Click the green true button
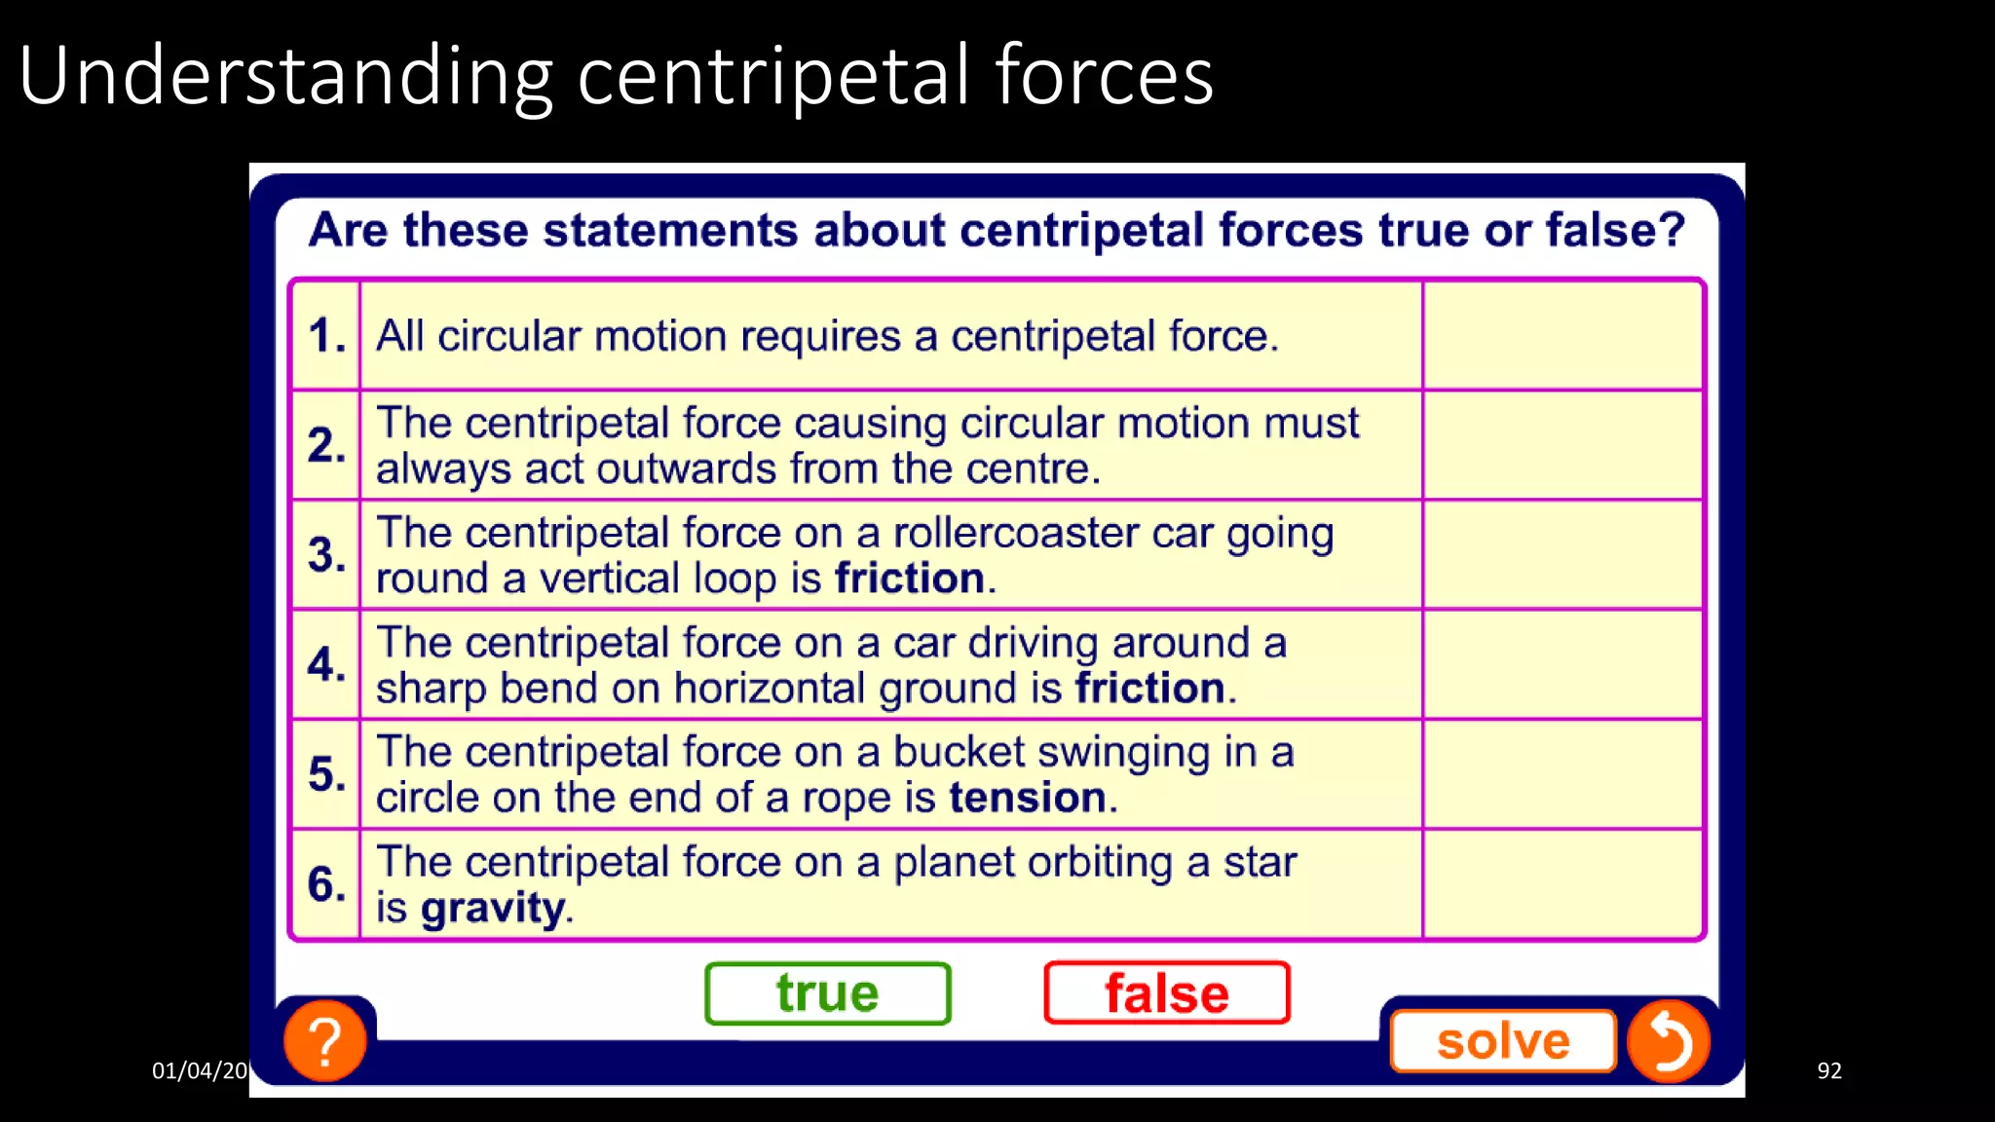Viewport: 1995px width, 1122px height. tap(827, 993)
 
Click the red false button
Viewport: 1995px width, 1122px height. tap(1166, 993)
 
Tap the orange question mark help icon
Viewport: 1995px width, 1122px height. tap(325, 1041)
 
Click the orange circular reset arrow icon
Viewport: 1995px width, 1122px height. tap(1668, 1041)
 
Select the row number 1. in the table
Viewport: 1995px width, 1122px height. tap(326, 336)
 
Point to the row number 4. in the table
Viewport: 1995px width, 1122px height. tap(326, 664)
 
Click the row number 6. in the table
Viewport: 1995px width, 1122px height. tap(326, 884)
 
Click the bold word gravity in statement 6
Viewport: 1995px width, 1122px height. tap(493, 909)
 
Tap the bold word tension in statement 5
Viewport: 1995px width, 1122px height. tap(1028, 798)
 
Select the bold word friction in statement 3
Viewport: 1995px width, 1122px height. tap(910, 579)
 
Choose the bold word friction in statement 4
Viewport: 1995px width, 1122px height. tap(1149, 689)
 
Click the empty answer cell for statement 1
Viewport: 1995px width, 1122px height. tap(1562, 336)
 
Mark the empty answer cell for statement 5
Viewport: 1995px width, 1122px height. tap(1562, 774)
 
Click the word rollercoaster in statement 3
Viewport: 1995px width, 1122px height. tap(1016, 533)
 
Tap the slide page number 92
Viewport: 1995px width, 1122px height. tap(1828, 1070)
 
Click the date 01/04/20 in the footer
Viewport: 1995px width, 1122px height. tap(200, 1070)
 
